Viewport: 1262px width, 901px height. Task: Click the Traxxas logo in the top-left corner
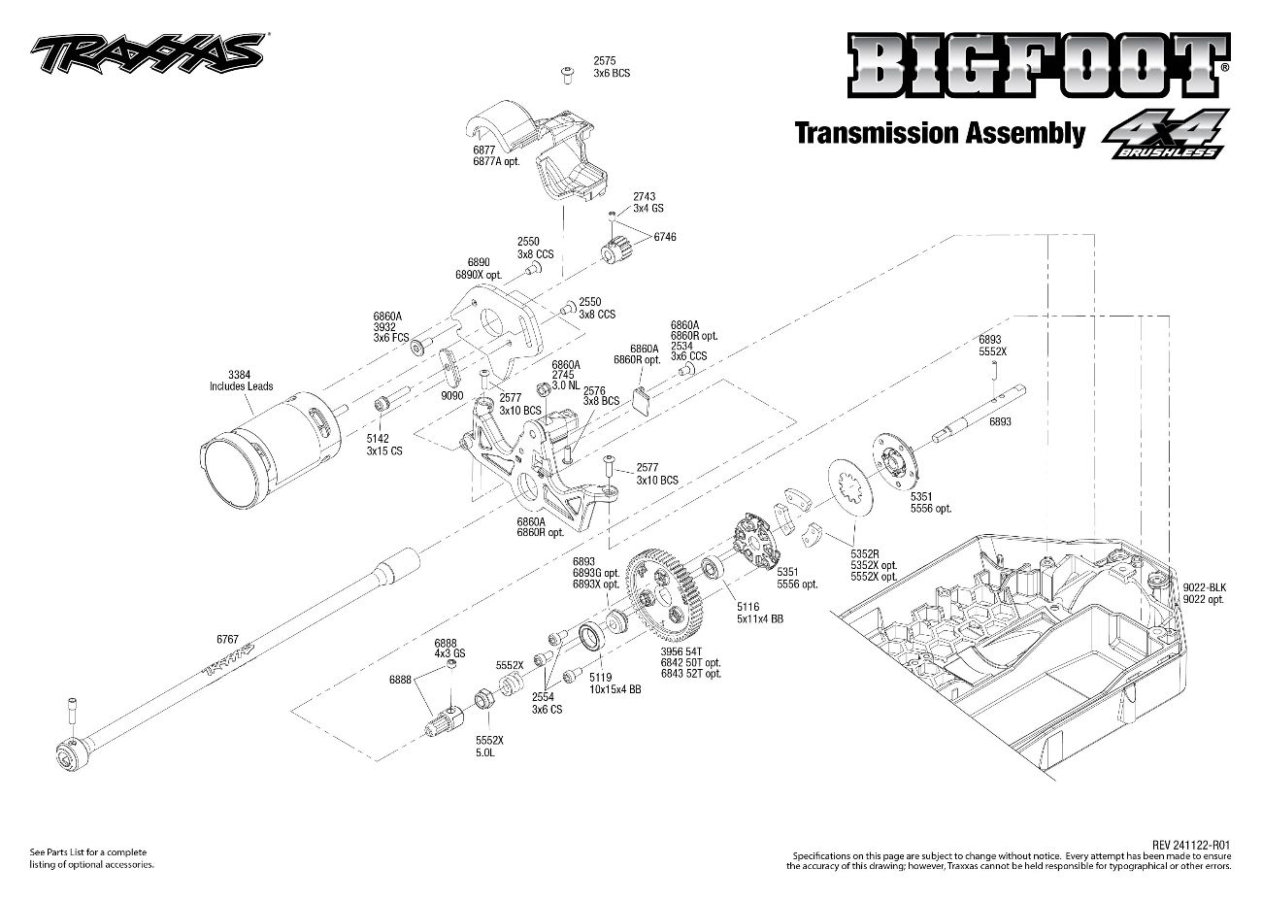(x=146, y=54)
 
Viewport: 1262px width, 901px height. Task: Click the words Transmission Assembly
(x=939, y=133)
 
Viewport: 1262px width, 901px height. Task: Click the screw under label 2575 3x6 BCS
(x=564, y=73)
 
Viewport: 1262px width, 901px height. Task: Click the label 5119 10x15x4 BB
(x=614, y=684)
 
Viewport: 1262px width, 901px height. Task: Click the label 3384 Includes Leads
(x=241, y=380)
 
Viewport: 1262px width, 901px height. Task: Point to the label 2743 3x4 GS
(x=648, y=202)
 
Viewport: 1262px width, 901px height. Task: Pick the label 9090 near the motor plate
(x=451, y=396)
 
